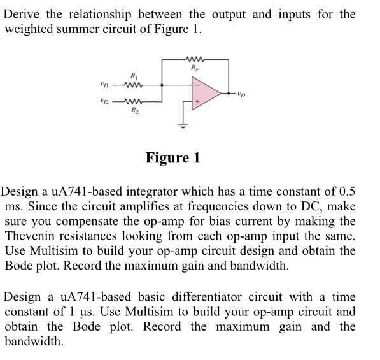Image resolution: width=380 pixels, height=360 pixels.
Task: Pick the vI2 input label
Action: click(x=106, y=101)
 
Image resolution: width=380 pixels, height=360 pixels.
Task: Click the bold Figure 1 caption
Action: click(x=172, y=157)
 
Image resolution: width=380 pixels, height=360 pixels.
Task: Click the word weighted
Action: click(x=30, y=30)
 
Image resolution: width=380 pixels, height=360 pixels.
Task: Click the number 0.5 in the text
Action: click(x=345, y=192)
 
